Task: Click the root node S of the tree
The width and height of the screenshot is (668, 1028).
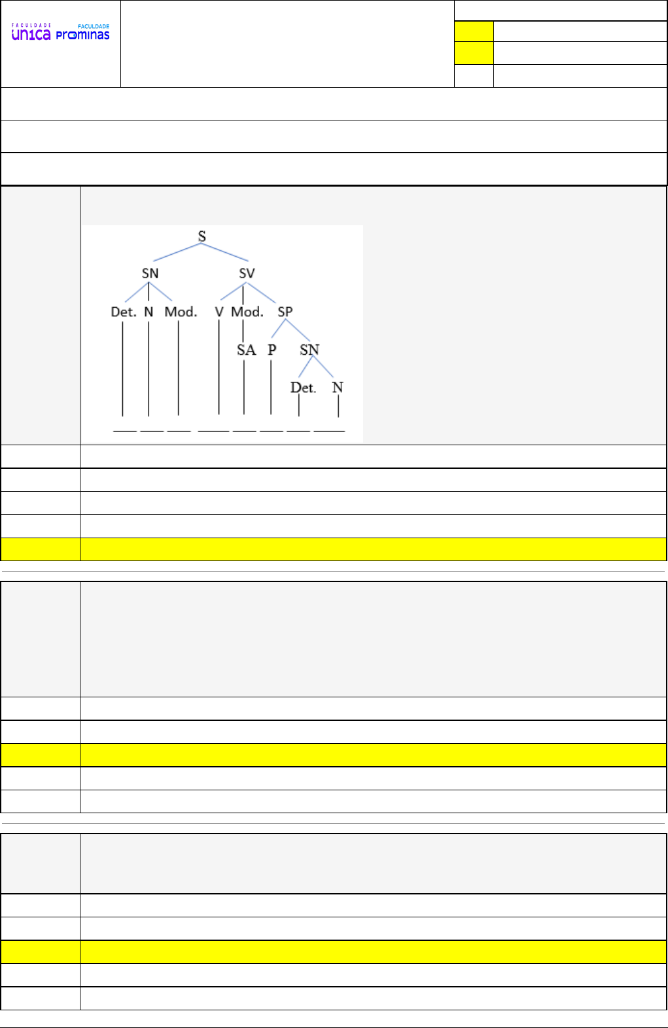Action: (202, 236)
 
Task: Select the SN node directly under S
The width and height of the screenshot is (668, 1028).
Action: (150, 273)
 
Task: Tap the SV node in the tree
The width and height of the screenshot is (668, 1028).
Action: (247, 273)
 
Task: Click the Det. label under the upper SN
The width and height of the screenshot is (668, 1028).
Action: (123, 312)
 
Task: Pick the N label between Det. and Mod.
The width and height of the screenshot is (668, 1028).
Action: (149, 312)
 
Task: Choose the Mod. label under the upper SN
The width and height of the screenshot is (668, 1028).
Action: (181, 312)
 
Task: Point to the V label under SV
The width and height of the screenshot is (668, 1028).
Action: (219, 312)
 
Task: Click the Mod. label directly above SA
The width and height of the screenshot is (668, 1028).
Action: (247, 312)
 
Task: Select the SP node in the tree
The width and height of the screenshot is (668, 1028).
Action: (285, 312)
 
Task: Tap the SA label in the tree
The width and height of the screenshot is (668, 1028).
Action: (246, 350)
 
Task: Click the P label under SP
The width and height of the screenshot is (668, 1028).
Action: (272, 350)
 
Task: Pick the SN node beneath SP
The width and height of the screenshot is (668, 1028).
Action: (309, 350)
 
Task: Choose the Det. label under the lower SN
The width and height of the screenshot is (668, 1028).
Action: (303, 388)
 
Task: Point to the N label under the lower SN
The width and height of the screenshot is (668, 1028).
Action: (338, 388)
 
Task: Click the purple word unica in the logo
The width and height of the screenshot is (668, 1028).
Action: (31, 35)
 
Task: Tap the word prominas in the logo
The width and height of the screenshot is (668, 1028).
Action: (82, 35)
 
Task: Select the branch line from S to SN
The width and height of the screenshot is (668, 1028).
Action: (177, 252)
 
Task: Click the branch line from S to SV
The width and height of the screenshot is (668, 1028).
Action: (225, 252)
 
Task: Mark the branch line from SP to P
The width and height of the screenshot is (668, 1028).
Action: (278, 329)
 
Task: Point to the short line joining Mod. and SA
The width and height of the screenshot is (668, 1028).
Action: (243, 331)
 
